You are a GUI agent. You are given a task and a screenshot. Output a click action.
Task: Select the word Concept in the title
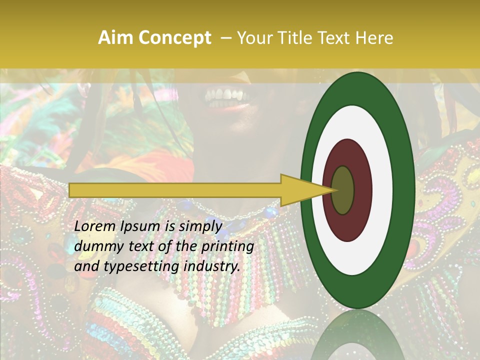[x=174, y=38]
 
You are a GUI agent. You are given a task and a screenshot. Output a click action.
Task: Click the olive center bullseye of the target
[x=343, y=190]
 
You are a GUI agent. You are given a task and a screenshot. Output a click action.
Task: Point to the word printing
[x=226, y=246]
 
